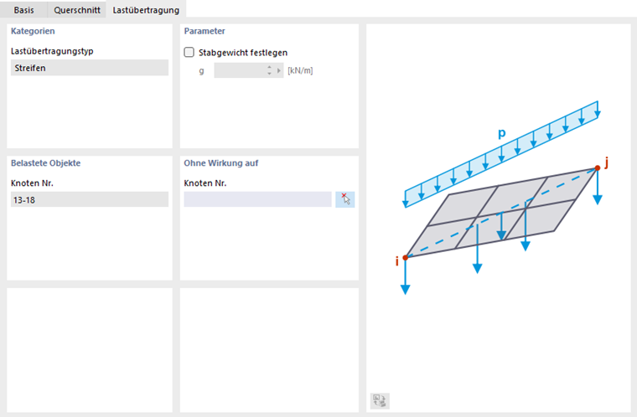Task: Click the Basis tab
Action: [x=23, y=10]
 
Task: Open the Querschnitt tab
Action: [x=77, y=10]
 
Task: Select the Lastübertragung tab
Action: [x=146, y=10]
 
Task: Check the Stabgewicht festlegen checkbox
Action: [x=189, y=53]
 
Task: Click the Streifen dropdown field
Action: [x=90, y=68]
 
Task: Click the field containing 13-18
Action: [x=90, y=200]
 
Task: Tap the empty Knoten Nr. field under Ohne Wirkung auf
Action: [x=257, y=200]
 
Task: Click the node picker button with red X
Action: [x=345, y=200]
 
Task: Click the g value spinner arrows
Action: [x=269, y=70]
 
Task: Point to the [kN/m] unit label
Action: [x=300, y=70]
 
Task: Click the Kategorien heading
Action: [x=33, y=31]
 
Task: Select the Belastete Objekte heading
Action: [x=45, y=163]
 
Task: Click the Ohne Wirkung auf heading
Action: [x=221, y=163]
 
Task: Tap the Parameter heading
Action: [x=205, y=31]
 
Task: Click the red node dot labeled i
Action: [x=405, y=258]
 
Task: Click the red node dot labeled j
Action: [x=597, y=168]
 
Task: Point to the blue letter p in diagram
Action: [x=502, y=133]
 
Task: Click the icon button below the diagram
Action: [x=380, y=401]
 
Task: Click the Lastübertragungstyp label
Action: [x=52, y=51]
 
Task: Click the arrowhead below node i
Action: [x=405, y=289]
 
